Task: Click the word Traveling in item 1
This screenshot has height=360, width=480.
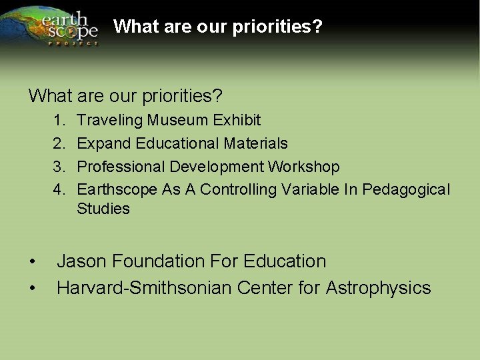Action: pos(110,121)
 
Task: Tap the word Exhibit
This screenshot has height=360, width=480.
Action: pos(237,121)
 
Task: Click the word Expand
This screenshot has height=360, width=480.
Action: pos(104,143)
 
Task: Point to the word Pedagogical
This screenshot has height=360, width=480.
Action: pos(406,190)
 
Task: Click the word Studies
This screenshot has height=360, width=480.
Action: pos(103,209)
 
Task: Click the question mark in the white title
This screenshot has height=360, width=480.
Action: pos(318,27)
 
